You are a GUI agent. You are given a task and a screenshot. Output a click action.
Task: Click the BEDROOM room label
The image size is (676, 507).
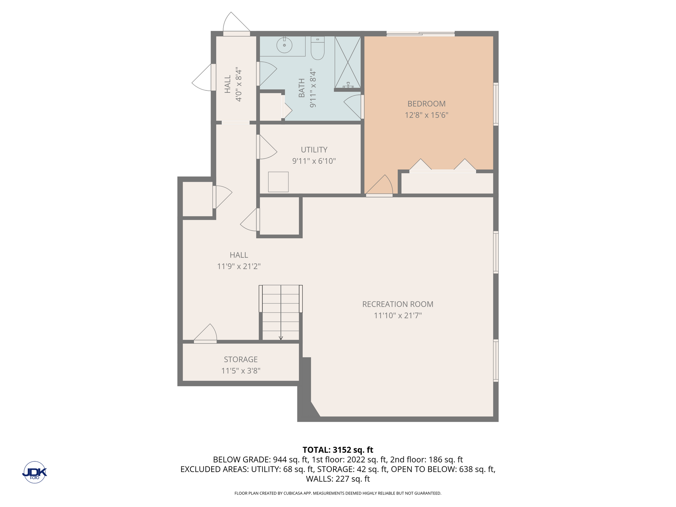426,104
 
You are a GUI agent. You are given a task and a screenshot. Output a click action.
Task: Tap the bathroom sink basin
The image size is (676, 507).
284,45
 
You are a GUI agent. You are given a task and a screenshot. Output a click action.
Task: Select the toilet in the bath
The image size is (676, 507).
318,48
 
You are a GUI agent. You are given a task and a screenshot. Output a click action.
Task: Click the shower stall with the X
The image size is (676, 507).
348,62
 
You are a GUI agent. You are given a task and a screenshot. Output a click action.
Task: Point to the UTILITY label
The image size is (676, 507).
314,150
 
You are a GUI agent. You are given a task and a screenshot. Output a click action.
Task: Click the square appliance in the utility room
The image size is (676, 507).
278,182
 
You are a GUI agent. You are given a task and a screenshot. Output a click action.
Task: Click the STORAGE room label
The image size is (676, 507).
241,359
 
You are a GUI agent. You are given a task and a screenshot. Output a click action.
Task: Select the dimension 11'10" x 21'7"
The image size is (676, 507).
398,316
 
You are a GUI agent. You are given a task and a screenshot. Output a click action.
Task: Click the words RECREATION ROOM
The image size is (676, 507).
398,304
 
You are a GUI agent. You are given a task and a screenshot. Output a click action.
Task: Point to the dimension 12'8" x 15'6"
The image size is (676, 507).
426,115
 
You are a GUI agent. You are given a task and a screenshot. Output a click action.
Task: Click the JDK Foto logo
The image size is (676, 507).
35,472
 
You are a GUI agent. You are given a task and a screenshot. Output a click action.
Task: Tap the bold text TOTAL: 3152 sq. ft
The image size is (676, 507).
338,450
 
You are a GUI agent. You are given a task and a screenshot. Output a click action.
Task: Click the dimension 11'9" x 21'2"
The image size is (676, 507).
239,266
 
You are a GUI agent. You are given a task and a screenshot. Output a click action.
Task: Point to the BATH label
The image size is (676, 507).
302,88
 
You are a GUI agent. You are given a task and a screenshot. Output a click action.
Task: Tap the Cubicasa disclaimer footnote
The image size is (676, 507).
338,493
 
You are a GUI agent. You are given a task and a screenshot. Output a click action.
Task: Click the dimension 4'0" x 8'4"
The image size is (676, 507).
239,84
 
